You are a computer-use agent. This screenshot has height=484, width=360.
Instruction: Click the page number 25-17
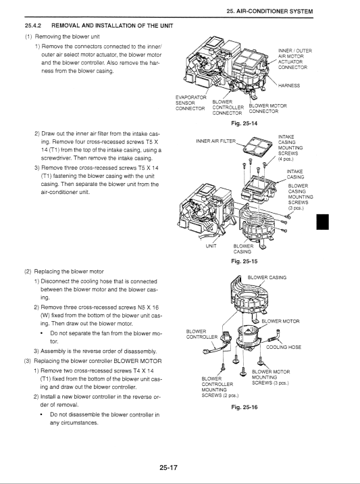(x=168, y=468)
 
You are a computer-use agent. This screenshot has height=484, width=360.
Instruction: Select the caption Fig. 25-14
(x=245, y=124)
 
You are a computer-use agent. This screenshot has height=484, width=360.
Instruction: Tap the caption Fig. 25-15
(x=245, y=262)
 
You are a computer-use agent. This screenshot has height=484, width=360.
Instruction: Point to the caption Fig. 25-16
(x=245, y=407)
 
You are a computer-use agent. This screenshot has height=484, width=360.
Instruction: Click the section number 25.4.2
(x=33, y=26)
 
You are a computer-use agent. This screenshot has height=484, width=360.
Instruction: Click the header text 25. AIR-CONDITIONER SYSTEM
(x=269, y=11)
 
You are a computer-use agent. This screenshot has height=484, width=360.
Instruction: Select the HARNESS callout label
(x=289, y=85)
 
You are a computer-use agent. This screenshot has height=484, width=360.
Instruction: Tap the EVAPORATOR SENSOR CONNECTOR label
(x=190, y=103)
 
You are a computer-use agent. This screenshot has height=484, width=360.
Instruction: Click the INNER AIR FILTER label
(x=216, y=141)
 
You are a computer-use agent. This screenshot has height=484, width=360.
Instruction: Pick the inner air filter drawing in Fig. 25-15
(x=257, y=146)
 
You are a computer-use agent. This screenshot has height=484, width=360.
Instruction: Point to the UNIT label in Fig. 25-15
(x=211, y=246)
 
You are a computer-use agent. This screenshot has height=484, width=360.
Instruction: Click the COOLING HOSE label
(x=284, y=347)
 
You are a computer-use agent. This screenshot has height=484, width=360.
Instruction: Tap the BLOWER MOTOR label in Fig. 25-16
(x=280, y=321)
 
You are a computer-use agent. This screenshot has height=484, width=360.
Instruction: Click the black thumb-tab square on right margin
(x=323, y=222)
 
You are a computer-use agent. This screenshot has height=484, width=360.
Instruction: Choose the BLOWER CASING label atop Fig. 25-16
(x=267, y=278)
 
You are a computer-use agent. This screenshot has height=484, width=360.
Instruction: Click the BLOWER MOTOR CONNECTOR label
(x=267, y=109)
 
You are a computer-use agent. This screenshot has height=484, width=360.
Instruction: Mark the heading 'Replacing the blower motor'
(x=69, y=272)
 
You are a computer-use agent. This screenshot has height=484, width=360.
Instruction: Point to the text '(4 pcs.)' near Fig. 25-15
(x=286, y=159)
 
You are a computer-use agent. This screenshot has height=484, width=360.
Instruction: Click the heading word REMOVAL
(x=65, y=26)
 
